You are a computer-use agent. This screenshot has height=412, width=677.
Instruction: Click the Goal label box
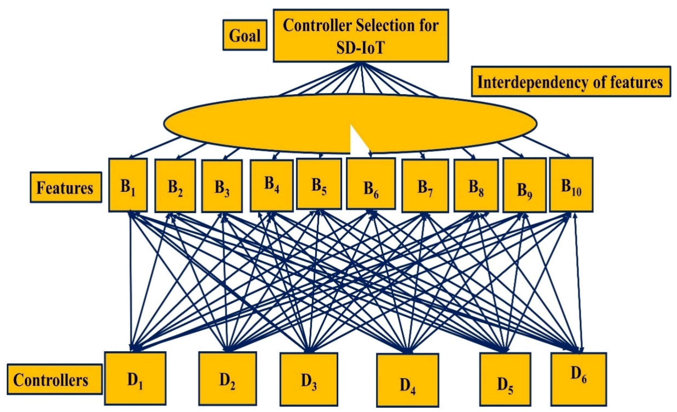245,35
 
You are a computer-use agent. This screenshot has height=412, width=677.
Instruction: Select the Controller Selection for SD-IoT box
361,35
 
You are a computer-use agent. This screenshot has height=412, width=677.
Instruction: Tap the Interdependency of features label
571,81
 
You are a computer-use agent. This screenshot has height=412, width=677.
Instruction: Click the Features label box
66,187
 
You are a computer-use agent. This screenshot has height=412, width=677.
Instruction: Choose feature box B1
128,185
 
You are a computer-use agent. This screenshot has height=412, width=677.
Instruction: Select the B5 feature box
319,184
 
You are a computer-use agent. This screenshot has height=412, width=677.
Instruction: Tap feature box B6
371,183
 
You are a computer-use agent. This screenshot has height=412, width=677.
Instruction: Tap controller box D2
227,379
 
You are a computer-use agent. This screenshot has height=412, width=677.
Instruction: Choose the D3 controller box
309,379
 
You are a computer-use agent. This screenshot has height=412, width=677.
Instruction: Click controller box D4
408,380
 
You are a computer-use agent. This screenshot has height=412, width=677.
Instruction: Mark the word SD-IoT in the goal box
361,48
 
